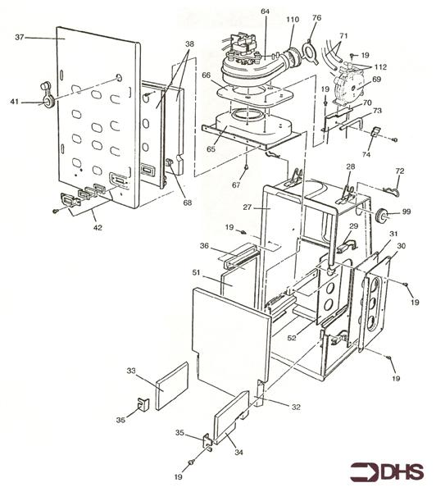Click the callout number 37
(20, 38)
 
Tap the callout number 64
(265, 11)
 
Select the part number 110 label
(293, 20)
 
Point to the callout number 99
(406, 212)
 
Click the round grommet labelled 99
(381, 215)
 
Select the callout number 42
(98, 227)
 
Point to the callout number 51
(196, 273)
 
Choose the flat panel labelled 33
(172, 386)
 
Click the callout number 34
(239, 452)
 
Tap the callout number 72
(400, 171)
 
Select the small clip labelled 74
(375, 132)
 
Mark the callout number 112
(380, 67)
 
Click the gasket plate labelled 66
(256, 95)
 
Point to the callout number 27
(248, 207)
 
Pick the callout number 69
(376, 79)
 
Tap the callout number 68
(188, 203)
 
